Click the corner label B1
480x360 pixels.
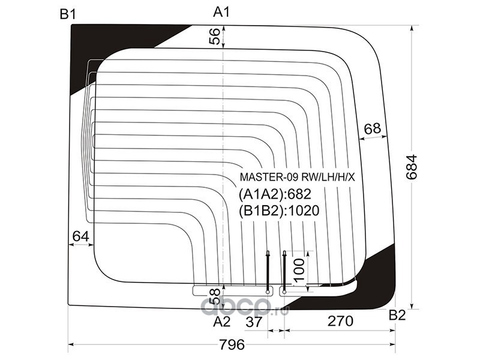tap(68, 14)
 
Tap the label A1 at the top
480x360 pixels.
tap(221, 12)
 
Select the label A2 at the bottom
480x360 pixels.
tap(221, 322)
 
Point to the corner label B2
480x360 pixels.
tap(397, 316)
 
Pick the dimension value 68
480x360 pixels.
tap(372, 128)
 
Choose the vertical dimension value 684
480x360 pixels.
tap(412, 167)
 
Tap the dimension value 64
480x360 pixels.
tap(81, 236)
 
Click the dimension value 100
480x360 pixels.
tap(299, 269)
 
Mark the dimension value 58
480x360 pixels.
tap(215, 296)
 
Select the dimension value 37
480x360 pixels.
tap(254, 322)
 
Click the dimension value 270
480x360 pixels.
tap(340, 322)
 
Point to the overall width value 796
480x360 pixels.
tap(232, 345)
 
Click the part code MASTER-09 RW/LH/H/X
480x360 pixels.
tap(297, 177)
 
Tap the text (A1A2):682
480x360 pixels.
tap(275, 194)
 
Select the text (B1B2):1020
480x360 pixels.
tap(279, 211)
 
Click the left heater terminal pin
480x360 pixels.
tap(268, 272)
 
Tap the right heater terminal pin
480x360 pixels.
tap(284, 272)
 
